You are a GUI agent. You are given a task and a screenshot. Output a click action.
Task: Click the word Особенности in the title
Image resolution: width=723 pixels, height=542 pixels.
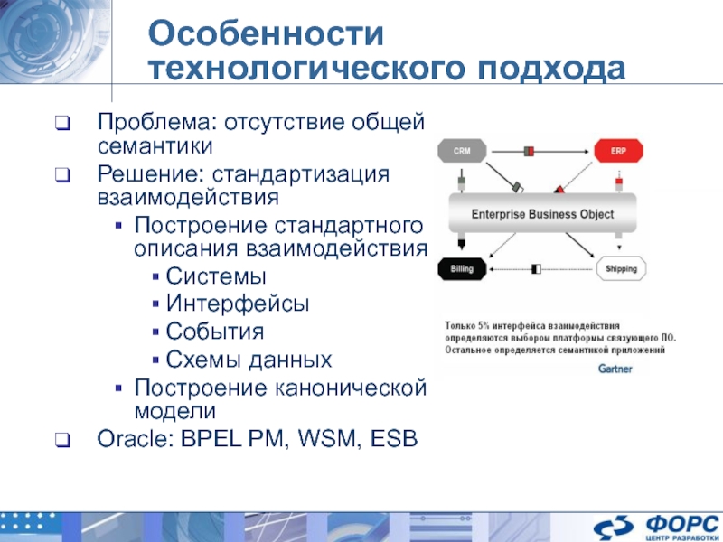(268, 35)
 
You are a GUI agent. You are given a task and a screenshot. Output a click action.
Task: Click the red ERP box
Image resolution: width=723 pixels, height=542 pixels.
(617, 151)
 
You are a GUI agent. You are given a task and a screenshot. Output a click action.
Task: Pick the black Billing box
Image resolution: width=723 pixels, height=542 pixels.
(462, 268)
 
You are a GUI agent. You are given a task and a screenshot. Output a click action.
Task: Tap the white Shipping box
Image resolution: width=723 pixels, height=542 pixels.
(621, 268)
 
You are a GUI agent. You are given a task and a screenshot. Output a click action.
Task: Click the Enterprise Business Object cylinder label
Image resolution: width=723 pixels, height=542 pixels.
(542, 214)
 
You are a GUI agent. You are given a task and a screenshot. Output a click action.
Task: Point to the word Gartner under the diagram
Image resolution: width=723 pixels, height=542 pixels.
(615, 369)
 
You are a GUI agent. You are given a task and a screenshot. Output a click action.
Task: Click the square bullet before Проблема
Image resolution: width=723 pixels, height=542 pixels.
(61, 123)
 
